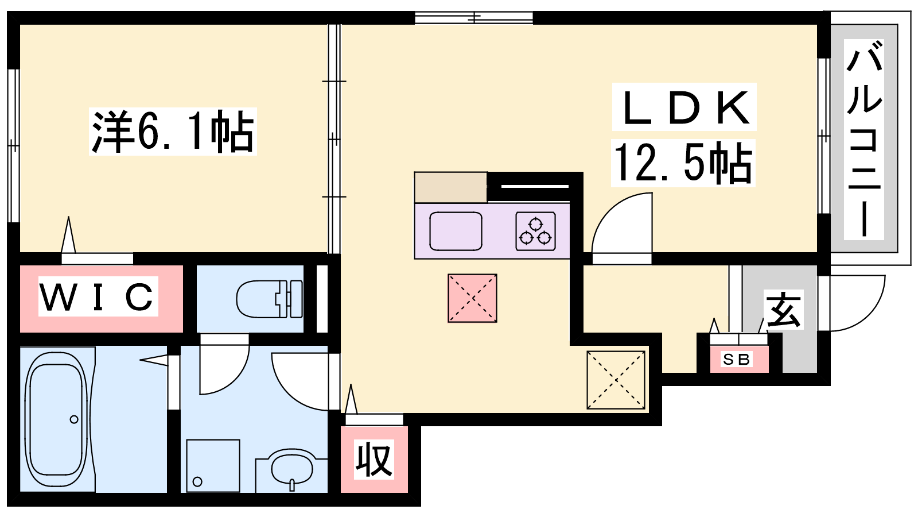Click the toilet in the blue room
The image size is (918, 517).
(269, 299)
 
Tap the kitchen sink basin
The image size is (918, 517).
(456, 231)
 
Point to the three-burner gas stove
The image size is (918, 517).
(536, 231)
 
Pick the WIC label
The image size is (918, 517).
(98, 296)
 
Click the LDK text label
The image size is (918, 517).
(684, 107)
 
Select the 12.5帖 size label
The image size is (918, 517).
(683, 163)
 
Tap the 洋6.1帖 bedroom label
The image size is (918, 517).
(173, 132)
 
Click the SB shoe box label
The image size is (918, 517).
(737, 360)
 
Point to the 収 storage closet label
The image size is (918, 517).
(374, 460)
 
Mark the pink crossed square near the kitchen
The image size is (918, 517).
(472, 298)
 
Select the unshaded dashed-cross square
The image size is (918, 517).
(616, 380)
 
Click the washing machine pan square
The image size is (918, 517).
(213, 466)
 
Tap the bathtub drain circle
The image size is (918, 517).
(74, 419)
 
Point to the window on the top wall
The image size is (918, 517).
(474, 18)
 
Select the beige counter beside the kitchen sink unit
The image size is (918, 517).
(450, 187)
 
